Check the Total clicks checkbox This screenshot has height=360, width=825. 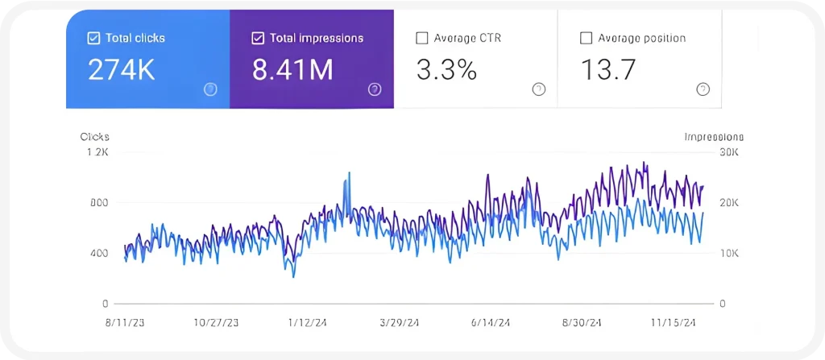pyautogui.click(x=93, y=38)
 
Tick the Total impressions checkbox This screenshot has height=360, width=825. pyautogui.click(x=258, y=38)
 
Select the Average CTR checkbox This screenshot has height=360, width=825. pyautogui.click(x=421, y=38)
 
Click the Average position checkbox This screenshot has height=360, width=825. pyautogui.click(x=586, y=38)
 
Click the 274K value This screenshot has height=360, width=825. pyautogui.click(x=122, y=70)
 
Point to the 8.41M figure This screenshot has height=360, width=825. pyautogui.click(x=292, y=70)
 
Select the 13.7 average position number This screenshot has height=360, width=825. pyautogui.click(x=607, y=70)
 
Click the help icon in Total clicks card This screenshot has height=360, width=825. pyautogui.click(x=210, y=89)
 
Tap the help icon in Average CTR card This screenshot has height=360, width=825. pyautogui.click(x=538, y=89)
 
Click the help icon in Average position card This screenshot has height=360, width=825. pyautogui.click(x=703, y=89)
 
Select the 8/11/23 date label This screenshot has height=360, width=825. pyautogui.click(x=125, y=322)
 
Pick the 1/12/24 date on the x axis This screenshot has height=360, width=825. pyautogui.click(x=308, y=322)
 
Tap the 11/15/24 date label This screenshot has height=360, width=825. pyautogui.click(x=674, y=322)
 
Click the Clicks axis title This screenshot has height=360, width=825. pyautogui.click(x=94, y=137)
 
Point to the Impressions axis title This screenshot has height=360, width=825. pyautogui.click(x=714, y=137)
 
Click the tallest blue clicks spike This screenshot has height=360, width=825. pyautogui.click(x=349, y=174)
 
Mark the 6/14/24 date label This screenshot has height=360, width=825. pyautogui.click(x=491, y=322)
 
